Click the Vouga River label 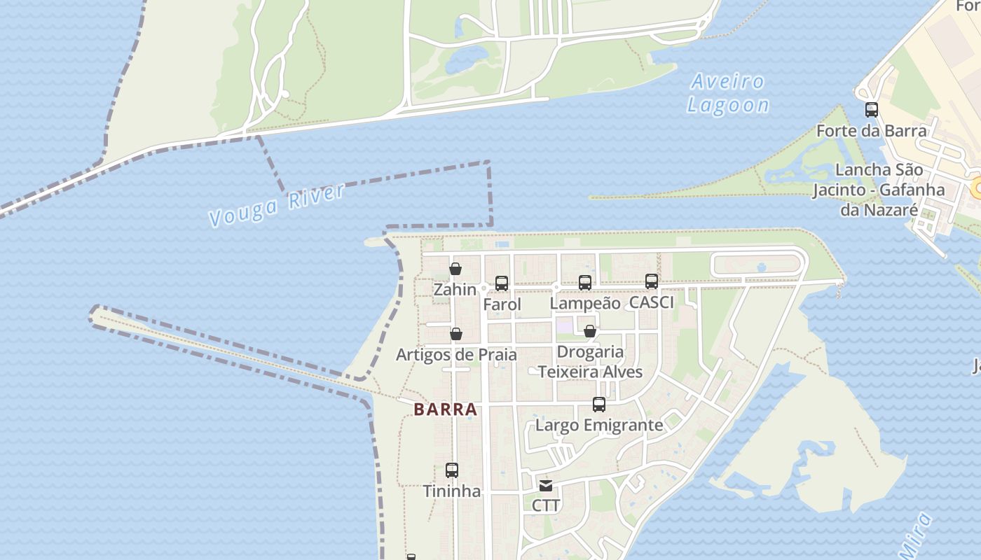(x=277, y=205)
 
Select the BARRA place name (x=446, y=409)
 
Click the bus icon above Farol (x=502, y=283)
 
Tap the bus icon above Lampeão (x=585, y=283)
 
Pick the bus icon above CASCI (x=652, y=281)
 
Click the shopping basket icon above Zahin (x=455, y=269)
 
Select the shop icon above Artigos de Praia (x=456, y=334)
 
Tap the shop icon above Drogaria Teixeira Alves (x=590, y=331)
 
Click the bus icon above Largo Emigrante (x=599, y=405)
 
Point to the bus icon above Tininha (x=452, y=470)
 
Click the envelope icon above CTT (x=546, y=485)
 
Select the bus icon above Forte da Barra (x=872, y=110)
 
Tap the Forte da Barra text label (x=872, y=131)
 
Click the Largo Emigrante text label (x=599, y=425)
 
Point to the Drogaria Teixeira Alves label (x=590, y=362)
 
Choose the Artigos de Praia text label (x=456, y=354)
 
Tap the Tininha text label (x=452, y=491)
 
